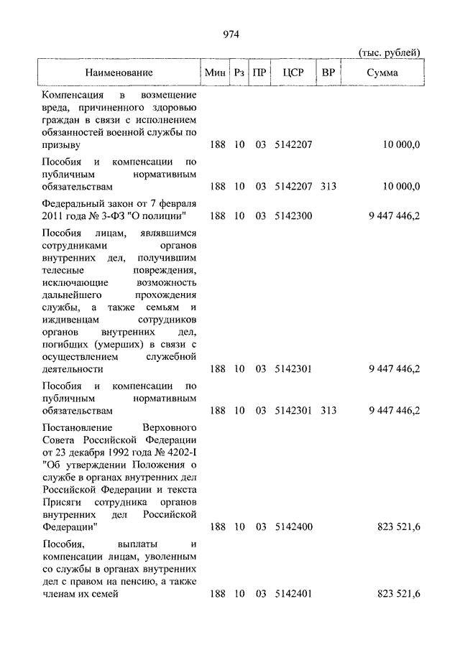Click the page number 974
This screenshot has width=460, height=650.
point(230,34)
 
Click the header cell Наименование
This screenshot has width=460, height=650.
point(119,73)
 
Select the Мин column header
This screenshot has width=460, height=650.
point(216,73)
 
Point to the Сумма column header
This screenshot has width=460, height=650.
point(382,73)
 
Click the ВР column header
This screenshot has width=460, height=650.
point(328,73)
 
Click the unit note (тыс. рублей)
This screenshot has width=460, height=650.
point(389,52)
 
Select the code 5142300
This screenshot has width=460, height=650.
point(293,215)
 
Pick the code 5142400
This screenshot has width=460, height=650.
point(293,526)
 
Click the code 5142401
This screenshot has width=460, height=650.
point(293,594)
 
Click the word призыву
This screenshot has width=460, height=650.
point(60,144)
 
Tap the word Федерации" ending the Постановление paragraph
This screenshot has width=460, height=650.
point(70,526)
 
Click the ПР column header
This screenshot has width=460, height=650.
point(259,73)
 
